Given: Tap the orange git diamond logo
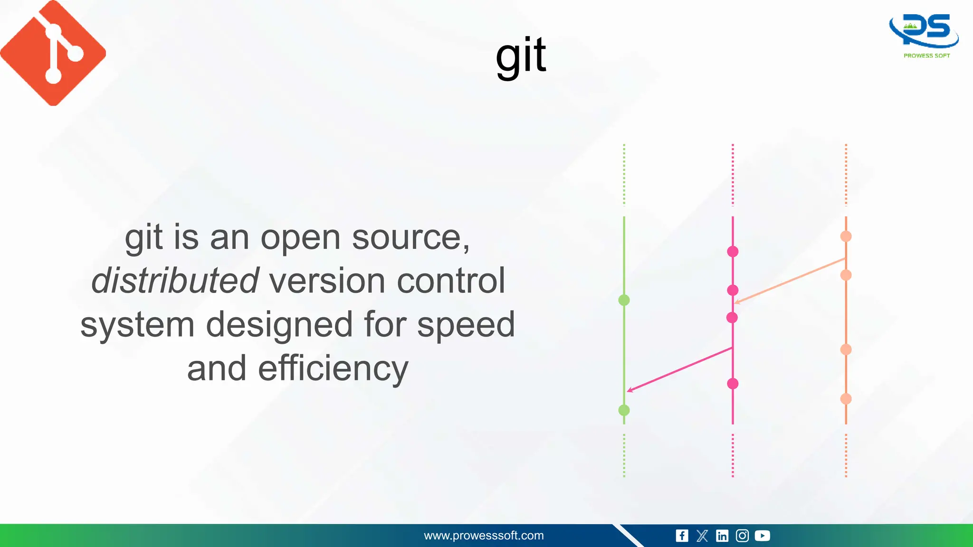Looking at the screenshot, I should [53, 53].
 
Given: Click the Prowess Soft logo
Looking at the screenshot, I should [925, 36].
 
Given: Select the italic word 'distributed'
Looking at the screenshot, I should [175, 281].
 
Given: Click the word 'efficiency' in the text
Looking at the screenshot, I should [333, 368].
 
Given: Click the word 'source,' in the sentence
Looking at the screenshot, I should [411, 237].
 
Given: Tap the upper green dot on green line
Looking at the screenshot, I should [624, 300].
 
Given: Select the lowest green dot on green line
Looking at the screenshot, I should [624, 410].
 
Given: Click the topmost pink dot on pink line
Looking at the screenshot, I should [733, 252].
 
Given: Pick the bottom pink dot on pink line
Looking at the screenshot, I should [733, 384].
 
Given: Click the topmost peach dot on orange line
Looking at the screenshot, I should [846, 236].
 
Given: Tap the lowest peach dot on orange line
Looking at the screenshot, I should [846, 399].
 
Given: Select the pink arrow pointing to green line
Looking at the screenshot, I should [679, 369].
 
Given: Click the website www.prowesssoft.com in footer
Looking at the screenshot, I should [484, 536].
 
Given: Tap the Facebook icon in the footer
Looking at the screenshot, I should [682, 536].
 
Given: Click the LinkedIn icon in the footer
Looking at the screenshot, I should [722, 536].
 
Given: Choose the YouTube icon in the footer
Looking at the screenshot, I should [762, 536].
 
